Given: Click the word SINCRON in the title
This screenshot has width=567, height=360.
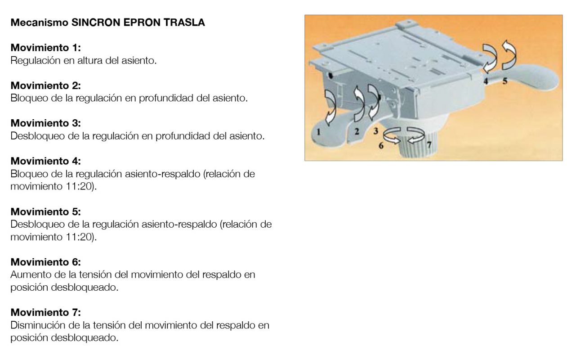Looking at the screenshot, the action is [x=96, y=22].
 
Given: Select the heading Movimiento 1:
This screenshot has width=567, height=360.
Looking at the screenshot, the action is [x=46, y=48].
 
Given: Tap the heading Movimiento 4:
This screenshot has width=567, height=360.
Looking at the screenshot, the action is [x=46, y=161].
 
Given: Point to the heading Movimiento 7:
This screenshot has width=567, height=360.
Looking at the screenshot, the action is [x=46, y=312].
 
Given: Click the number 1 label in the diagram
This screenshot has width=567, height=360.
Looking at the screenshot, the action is [x=318, y=132].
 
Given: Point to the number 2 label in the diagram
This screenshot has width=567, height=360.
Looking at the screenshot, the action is [x=357, y=131].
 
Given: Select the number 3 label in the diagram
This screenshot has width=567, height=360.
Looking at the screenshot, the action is [x=375, y=131].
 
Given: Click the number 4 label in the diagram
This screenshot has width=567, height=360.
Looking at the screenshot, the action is [x=486, y=81].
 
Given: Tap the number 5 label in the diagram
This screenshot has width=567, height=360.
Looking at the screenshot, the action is [x=505, y=81].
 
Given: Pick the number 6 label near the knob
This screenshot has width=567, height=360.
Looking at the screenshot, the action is [x=381, y=145].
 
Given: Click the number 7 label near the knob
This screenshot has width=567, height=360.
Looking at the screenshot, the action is [x=429, y=144].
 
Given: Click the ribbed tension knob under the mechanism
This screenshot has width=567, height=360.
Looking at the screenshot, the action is [x=418, y=146].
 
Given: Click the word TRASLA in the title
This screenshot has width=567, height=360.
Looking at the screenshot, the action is [x=184, y=22].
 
